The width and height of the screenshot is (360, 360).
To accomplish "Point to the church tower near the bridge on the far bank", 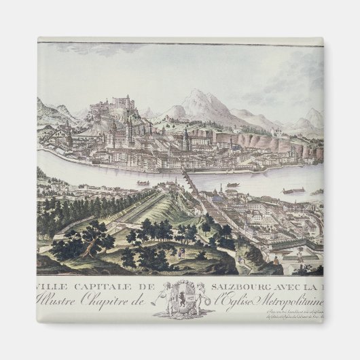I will pos(185,140).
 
